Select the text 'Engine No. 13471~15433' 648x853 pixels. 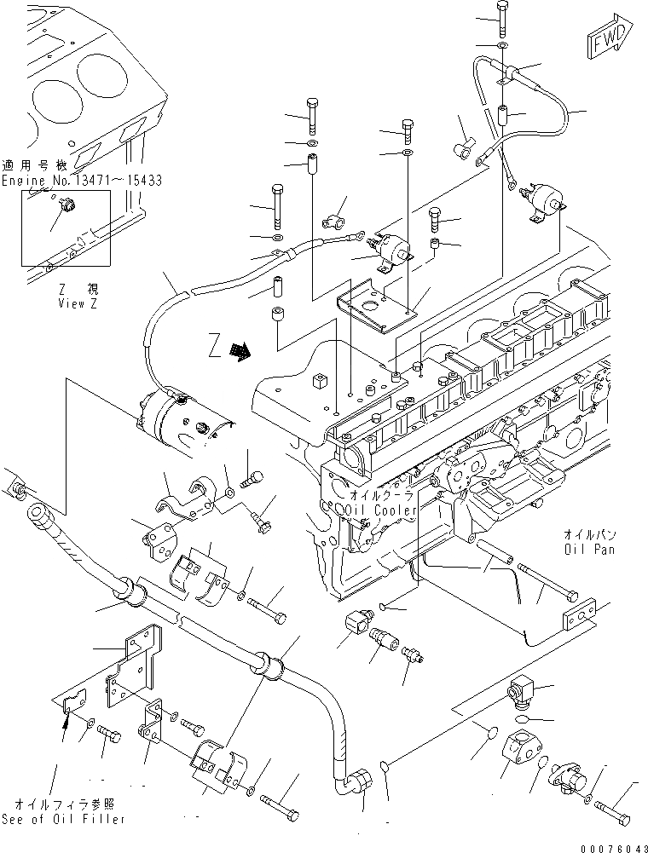point(81,181)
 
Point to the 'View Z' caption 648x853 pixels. point(78,303)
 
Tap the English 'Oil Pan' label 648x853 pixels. point(589,550)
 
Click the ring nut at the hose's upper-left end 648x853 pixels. point(17,492)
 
